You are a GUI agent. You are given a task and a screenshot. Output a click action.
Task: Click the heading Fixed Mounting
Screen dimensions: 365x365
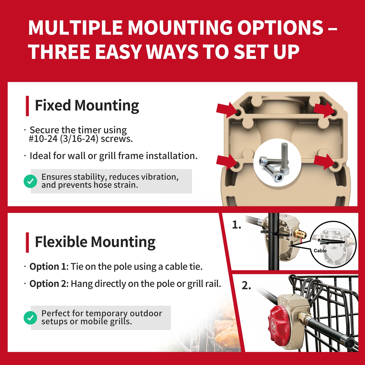point(87,106)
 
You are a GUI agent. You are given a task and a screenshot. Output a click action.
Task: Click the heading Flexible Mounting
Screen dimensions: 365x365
point(95,242)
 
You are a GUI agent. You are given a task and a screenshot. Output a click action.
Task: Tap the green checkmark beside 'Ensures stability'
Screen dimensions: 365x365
point(30,181)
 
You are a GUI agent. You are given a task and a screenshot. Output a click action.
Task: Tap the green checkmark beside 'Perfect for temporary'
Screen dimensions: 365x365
point(30,318)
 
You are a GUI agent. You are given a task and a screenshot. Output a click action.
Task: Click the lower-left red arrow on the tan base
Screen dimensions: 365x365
point(227,162)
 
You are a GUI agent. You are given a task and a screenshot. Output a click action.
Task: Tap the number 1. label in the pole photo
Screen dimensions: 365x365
point(237,225)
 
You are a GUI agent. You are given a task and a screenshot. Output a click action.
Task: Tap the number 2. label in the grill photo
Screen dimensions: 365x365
point(247,285)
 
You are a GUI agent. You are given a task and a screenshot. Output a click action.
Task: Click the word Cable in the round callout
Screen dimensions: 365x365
point(320,251)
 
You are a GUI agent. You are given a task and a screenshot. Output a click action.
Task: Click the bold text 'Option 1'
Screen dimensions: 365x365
point(48,267)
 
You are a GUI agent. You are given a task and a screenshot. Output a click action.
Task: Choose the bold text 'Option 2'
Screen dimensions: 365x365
point(48,284)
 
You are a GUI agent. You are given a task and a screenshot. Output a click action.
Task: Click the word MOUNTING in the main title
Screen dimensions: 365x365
point(180,28)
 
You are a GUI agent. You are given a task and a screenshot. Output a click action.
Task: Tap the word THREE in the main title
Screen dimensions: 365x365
point(59,52)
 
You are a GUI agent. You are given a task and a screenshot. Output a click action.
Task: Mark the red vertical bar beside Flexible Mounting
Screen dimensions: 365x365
point(28,242)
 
